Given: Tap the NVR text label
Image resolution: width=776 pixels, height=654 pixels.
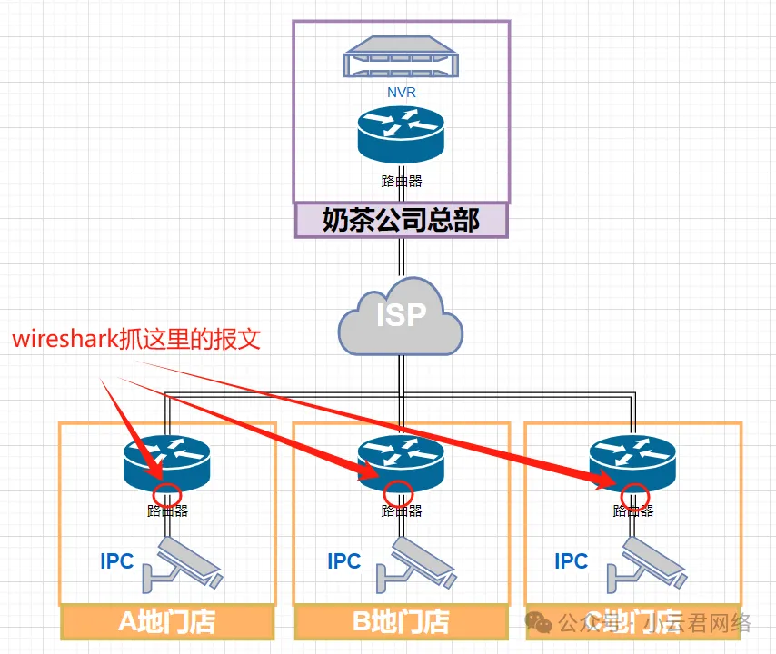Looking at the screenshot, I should [x=401, y=92].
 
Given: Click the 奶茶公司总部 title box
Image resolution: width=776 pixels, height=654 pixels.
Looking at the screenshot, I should [x=401, y=220].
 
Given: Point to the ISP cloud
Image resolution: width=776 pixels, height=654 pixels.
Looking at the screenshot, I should [x=400, y=317].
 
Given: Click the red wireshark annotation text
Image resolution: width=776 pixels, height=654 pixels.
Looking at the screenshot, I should [x=136, y=340].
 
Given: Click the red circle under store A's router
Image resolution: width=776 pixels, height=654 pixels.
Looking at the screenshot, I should [x=165, y=495].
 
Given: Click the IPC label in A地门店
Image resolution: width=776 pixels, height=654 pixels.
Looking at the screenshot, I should [x=117, y=561].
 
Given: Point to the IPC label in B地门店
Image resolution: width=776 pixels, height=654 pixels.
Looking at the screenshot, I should [x=344, y=561].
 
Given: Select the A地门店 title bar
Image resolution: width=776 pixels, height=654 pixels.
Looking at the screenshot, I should [x=167, y=622].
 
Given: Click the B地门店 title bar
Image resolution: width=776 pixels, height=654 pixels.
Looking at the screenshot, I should [x=401, y=622].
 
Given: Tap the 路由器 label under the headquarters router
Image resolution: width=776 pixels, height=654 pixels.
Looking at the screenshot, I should [x=401, y=181].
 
